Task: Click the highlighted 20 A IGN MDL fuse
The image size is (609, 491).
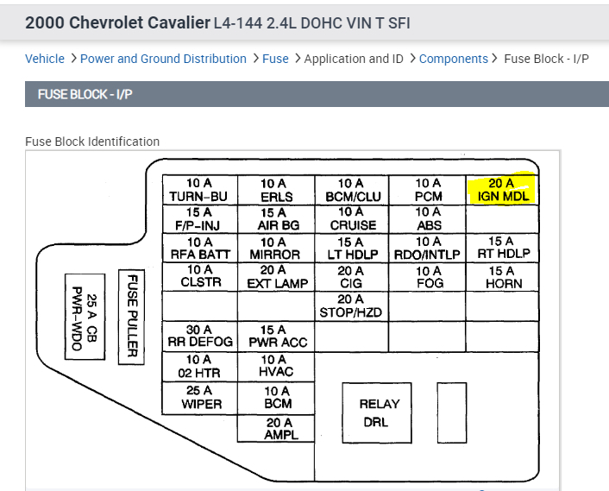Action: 501,190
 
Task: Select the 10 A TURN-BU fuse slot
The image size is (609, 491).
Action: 199,190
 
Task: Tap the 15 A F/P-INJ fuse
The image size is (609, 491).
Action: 199,218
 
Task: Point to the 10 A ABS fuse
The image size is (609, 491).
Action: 428,218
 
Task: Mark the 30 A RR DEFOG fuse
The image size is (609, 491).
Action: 199,336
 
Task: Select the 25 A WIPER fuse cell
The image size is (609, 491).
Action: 199,397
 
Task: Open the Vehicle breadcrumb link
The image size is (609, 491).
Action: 45,59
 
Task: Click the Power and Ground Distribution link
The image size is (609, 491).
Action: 163,59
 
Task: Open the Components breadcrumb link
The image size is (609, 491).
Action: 454,59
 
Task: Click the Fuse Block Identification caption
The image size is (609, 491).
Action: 92,142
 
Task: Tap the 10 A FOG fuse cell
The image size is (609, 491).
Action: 428,276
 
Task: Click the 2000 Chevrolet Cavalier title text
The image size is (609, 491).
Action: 117,22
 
